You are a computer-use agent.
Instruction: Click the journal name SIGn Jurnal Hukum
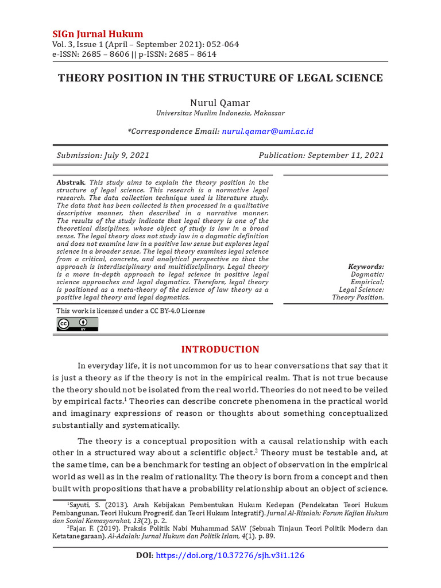tap(98, 33)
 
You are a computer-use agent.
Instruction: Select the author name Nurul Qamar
tap(220, 103)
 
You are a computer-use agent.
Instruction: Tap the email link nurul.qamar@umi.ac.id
tap(268, 131)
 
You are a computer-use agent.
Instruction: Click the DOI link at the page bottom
tap(230, 555)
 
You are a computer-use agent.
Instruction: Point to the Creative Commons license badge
tap(77, 324)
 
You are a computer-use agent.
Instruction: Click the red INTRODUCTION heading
tap(220, 349)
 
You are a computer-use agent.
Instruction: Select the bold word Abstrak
tap(71, 183)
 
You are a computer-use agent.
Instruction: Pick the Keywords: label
tap(366, 266)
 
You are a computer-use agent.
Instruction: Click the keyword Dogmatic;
tap(367, 274)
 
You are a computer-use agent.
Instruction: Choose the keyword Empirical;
tap(367, 282)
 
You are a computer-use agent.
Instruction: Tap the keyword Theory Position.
tap(358, 297)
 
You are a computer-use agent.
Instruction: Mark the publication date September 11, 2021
tap(346, 156)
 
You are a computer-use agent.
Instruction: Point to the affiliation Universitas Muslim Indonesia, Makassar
tap(220, 114)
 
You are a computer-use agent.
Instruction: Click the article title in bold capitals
tap(220, 78)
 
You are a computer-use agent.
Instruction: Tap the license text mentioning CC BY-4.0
tap(130, 311)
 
